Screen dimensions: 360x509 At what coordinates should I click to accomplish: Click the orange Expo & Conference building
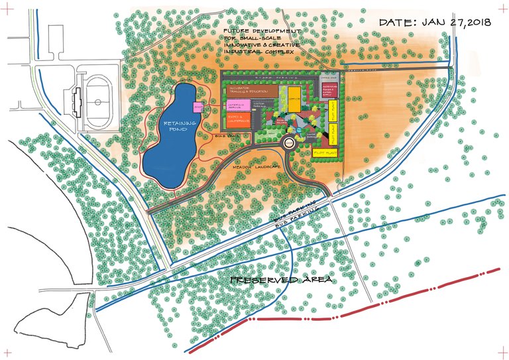click(x=237, y=119)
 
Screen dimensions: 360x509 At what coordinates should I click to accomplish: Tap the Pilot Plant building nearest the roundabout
click(x=325, y=152)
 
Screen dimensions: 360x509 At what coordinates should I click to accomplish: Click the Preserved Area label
click(x=280, y=280)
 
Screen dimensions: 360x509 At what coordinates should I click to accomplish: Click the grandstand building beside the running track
click(x=78, y=96)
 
